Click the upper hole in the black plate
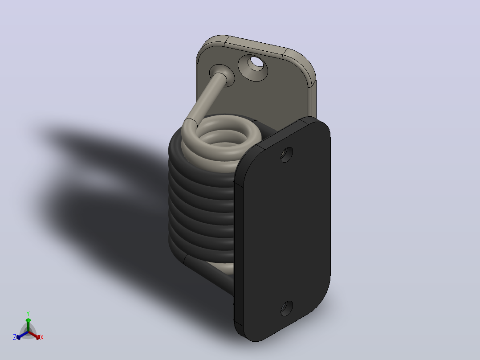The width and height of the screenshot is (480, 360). point(287,155)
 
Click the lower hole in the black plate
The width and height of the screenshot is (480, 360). point(287,308)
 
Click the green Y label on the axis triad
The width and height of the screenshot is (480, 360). point(28,313)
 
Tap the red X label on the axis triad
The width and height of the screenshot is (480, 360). point(42,337)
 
